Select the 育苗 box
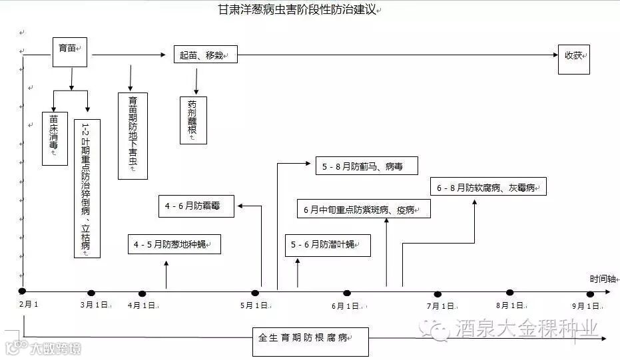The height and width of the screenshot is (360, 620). tap(71, 51)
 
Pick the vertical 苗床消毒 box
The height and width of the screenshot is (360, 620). tap(55, 137)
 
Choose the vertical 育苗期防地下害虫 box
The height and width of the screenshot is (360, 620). tap(133, 136)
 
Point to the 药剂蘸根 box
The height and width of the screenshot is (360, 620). tap(193, 120)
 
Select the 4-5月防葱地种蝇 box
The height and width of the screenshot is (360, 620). tap(174, 244)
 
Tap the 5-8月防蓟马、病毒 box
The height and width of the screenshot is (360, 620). tap(366, 165)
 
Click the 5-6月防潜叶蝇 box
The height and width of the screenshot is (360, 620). tap(328, 245)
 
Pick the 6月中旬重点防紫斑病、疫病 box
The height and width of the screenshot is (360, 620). tap(363, 209)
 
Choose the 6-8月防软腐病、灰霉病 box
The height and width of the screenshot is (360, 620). tap(488, 187)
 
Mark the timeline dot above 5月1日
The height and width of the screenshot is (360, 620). tap(255, 293)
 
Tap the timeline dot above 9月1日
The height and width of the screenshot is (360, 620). tap(590, 294)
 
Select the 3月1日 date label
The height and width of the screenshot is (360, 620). tap(95, 305)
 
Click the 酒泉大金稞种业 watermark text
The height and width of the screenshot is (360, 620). tap(526, 327)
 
